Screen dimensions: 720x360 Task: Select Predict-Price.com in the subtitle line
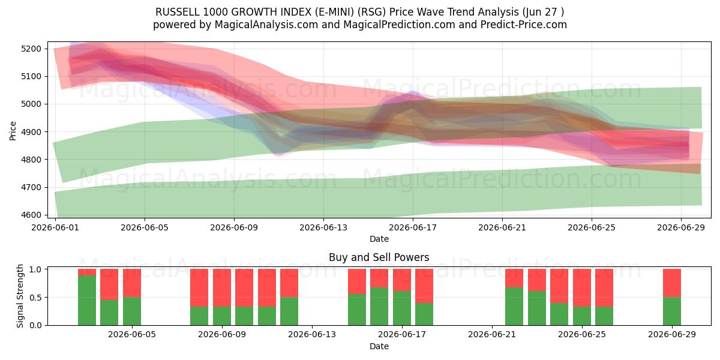coord(524,25)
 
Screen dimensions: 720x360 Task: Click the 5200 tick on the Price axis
coord(31,49)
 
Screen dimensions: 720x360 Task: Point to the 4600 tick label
coord(31,215)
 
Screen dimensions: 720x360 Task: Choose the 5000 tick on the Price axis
coord(31,104)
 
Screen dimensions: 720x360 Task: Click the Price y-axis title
coord(13,131)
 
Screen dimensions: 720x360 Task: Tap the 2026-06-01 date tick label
coord(55,227)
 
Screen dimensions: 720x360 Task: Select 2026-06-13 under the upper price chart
coord(323,227)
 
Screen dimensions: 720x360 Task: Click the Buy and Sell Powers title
coord(379,257)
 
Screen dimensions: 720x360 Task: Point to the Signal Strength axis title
coord(20,296)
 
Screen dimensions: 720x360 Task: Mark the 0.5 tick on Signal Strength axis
coord(35,298)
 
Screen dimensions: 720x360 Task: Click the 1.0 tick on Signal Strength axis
coord(35,269)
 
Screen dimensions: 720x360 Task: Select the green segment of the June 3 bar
coord(87,300)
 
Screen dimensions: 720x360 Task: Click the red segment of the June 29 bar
coord(672,283)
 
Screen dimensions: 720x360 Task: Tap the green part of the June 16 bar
coord(379,307)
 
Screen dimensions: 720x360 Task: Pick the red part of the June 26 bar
coord(604,288)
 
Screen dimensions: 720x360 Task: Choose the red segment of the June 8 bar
coord(199,288)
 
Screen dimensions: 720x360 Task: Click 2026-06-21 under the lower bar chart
coord(492,335)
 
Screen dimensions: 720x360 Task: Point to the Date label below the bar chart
coord(379,346)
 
